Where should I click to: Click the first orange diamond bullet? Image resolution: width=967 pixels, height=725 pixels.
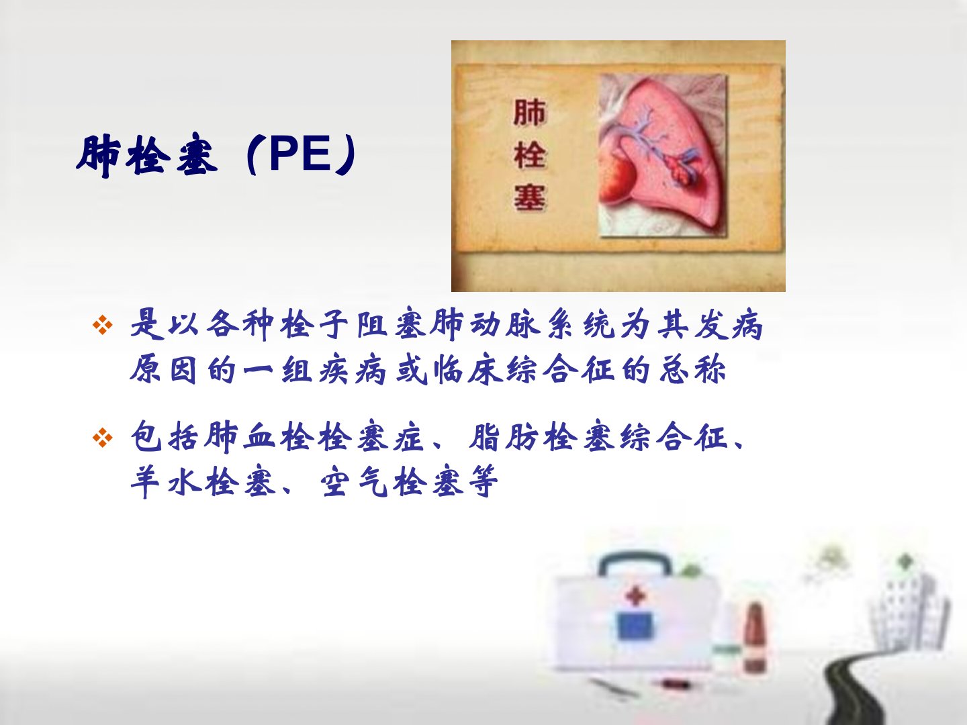coord(103,326)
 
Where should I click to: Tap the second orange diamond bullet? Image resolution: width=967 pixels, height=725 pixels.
coord(103,438)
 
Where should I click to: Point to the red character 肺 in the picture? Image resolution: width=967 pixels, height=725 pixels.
coord(529,113)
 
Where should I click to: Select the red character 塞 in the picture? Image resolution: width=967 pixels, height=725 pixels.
coord(529,197)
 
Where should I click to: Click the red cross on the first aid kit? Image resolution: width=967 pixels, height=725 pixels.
coord(635,597)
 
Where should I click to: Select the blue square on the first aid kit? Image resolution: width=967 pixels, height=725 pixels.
coord(635,626)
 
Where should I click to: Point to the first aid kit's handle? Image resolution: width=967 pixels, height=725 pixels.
coord(635,563)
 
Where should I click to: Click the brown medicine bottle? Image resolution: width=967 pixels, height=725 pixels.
coord(755,638)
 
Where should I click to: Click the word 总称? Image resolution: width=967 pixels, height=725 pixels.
coord(692,369)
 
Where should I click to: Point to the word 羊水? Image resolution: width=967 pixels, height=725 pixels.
coord(165,481)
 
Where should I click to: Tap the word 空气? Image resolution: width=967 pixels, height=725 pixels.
coord(355,481)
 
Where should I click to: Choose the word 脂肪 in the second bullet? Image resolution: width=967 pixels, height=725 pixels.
coord(504,437)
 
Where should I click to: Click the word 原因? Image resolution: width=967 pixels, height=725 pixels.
coord(164,369)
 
